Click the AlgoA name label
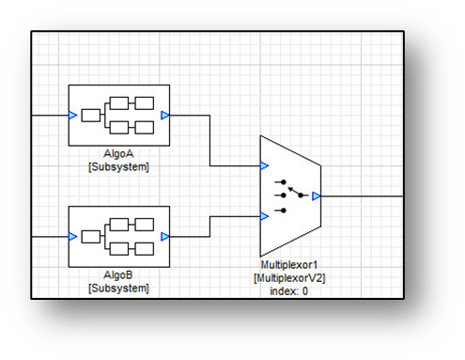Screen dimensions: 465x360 pos(118,154)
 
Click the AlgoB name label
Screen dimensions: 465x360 pos(118,275)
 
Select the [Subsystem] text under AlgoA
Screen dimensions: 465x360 pos(118,166)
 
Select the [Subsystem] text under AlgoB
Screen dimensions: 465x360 pos(118,288)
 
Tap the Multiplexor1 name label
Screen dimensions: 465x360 pos(289,265)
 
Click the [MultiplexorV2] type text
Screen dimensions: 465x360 pos(289,278)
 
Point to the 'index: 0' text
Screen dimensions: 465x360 pos(288,291)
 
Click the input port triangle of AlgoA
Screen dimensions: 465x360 pos(72,116)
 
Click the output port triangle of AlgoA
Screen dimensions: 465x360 pos(165,116)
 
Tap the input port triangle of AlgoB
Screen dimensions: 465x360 pos(72,237)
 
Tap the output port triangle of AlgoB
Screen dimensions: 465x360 pos(165,237)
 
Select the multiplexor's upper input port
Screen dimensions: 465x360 pos(264,165)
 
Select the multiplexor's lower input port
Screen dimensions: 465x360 pos(264,216)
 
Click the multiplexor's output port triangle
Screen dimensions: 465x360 pos(317,196)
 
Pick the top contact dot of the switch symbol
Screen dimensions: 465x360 pos(284,181)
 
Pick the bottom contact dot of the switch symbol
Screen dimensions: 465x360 pos(284,211)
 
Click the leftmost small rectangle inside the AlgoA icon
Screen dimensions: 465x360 pos(91,116)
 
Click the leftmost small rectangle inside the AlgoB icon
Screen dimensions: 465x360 pos(91,237)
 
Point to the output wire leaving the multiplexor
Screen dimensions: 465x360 pos(362,196)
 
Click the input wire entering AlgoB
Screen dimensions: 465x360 pos(50,237)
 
